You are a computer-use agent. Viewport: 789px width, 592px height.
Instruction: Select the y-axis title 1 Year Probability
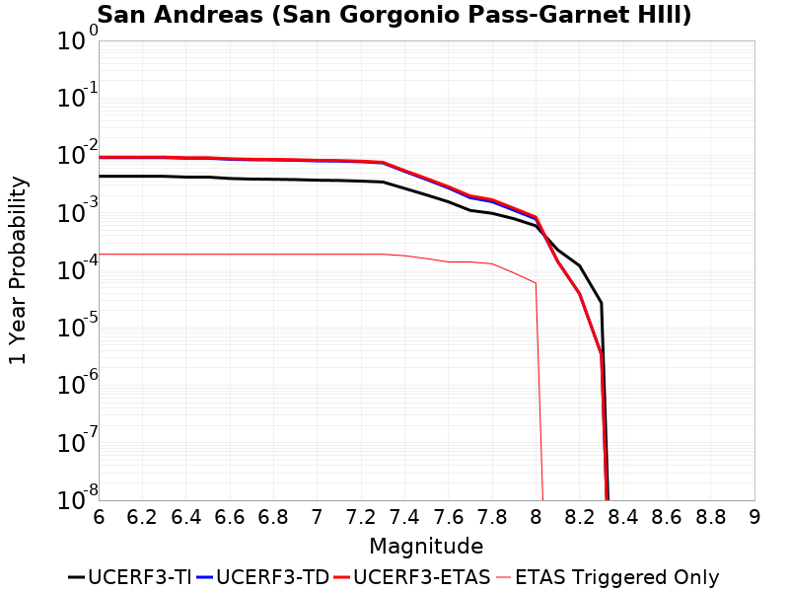[x=18, y=270]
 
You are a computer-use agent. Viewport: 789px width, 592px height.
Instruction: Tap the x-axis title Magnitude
[x=426, y=546]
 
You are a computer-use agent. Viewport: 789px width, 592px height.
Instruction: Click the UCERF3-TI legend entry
[x=128, y=577]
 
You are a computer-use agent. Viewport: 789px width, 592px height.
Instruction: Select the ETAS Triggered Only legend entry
[x=607, y=577]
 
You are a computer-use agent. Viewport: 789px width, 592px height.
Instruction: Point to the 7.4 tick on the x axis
[x=404, y=517]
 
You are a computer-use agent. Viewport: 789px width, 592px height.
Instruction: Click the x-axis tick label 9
[x=754, y=517]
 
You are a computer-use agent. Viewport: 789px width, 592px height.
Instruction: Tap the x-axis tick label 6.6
[x=230, y=517]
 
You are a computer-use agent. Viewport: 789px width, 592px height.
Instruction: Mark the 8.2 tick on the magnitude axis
[x=580, y=517]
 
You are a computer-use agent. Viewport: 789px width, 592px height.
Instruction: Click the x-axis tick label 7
[x=317, y=517]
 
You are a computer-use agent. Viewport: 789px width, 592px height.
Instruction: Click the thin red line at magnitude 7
[x=317, y=254]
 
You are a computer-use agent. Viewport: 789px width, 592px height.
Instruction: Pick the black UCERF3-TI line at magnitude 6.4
[x=185, y=177]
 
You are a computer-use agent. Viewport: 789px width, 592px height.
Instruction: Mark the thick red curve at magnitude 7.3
[x=383, y=162]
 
